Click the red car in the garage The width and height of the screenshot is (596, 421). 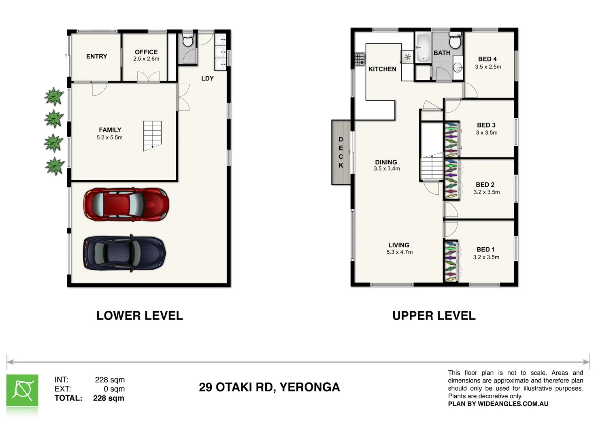click(126, 204)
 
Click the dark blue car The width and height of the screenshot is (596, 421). click(124, 253)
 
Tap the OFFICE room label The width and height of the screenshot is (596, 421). click(146, 52)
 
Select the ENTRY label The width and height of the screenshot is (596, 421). click(97, 56)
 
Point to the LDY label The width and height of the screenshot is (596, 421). click(208, 79)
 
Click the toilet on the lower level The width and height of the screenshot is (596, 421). click(188, 40)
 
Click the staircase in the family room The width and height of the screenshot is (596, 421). click(153, 136)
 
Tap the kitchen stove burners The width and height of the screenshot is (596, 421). click(360, 60)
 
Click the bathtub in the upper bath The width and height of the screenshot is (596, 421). click(424, 48)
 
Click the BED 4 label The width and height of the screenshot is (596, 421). click(487, 59)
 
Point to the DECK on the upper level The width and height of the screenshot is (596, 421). click(341, 152)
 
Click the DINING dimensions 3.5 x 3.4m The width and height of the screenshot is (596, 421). click(387, 169)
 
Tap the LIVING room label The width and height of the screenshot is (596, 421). click(398, 245)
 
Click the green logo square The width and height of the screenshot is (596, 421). click(22, 390)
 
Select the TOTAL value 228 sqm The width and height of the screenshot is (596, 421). click(109, 398)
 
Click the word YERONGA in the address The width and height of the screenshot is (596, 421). click(310, 387)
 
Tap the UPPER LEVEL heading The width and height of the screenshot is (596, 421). click(434, 316)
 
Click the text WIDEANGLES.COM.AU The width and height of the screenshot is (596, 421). click(513, 404)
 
